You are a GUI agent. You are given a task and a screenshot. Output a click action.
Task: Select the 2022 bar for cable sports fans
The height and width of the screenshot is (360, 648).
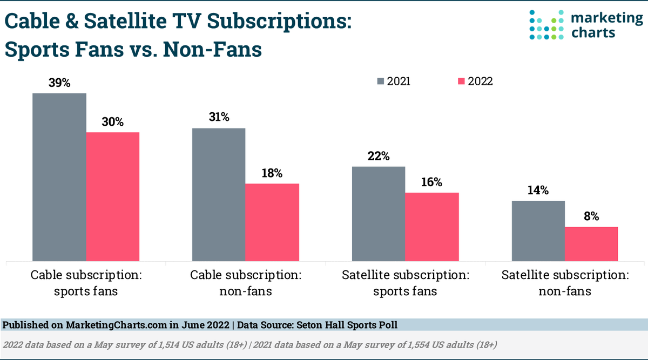pyautogui.click(x=113, y=196)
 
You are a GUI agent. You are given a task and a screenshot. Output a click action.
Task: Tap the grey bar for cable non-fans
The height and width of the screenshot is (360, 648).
pyautogui.click(x=219, y=194)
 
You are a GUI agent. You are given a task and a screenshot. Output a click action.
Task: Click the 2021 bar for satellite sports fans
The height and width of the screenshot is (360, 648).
pyautogui.click(x=379, y=214)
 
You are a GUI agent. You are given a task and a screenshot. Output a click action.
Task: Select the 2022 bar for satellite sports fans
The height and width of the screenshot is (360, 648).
pyautogui.click(x=432, y=227)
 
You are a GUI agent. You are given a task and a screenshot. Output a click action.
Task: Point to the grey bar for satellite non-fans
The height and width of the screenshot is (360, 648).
pyautogui.click(x=538, y=231)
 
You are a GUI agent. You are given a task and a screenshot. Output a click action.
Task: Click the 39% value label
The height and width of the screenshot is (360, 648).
pyautogui.click(x=59, y=83)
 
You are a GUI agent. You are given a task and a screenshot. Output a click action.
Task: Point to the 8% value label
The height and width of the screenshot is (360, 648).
pyautogui.click(x=591, y=216)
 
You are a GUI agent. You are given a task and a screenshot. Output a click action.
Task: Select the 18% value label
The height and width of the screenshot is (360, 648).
pyautogui.click(x=272, y=173)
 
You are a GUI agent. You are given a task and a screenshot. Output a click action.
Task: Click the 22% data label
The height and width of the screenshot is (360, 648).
pyautogui.click(x=379, y=156)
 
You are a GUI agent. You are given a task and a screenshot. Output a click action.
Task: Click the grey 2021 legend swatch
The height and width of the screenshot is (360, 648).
pyautogui.click(x=381, y=81)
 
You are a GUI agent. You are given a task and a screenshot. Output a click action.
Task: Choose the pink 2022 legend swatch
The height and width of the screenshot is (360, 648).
pyautogui.click(x=461, y=81)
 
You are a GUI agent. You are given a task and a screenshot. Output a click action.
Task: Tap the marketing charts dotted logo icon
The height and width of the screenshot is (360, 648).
pyautogui.click(x=546, y=25)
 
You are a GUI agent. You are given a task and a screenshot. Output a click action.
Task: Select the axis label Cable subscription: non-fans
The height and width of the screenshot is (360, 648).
pyautogui.click(x=246, y=283)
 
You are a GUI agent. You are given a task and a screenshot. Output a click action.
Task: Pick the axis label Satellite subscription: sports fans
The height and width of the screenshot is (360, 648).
pyautogui.click(x=405, y=283)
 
